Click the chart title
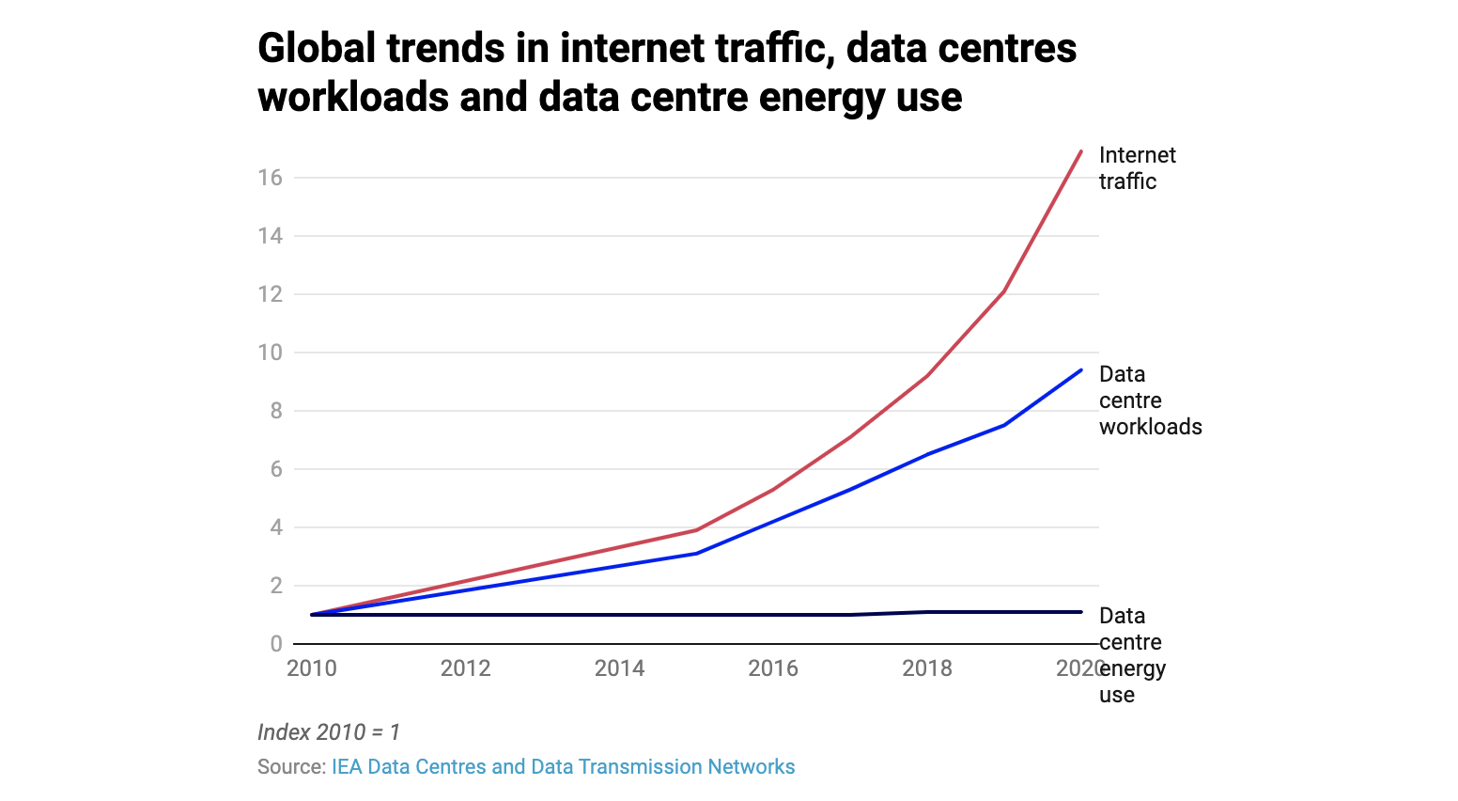(x=667, y=72)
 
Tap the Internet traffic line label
(x=1137, y=168)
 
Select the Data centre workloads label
(x=1150, y=400)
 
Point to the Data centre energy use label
(x=1132, y=655)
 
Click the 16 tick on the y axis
(x=271, y=178)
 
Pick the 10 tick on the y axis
(x=271, y=353)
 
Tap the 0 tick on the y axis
(x=276, y=644)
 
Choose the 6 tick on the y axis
(x=276, y=469)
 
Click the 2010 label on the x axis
(x=312, y=668)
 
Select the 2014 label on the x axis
(x=620, y=668)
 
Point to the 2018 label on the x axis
(x=927, y=668)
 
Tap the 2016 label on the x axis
(x=773, y=668)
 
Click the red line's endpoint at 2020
(x=1081, y=150)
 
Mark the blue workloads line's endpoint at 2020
(x=1081, y=369)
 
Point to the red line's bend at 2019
(x=1004, y=291)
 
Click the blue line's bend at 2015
(x=696, y=554)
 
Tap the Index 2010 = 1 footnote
(x=329, y=732)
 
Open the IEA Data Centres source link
(x=563, y=767)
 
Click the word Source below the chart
(x=291, y=767)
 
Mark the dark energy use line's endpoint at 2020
(x=1081, y=612)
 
